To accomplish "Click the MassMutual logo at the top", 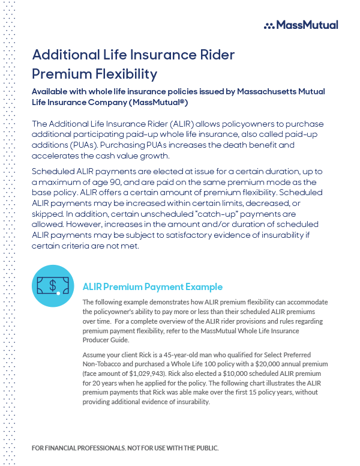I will coord(301,25).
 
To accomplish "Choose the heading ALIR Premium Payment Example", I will coord(152,287).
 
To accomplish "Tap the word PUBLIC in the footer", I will coord(204,449).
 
